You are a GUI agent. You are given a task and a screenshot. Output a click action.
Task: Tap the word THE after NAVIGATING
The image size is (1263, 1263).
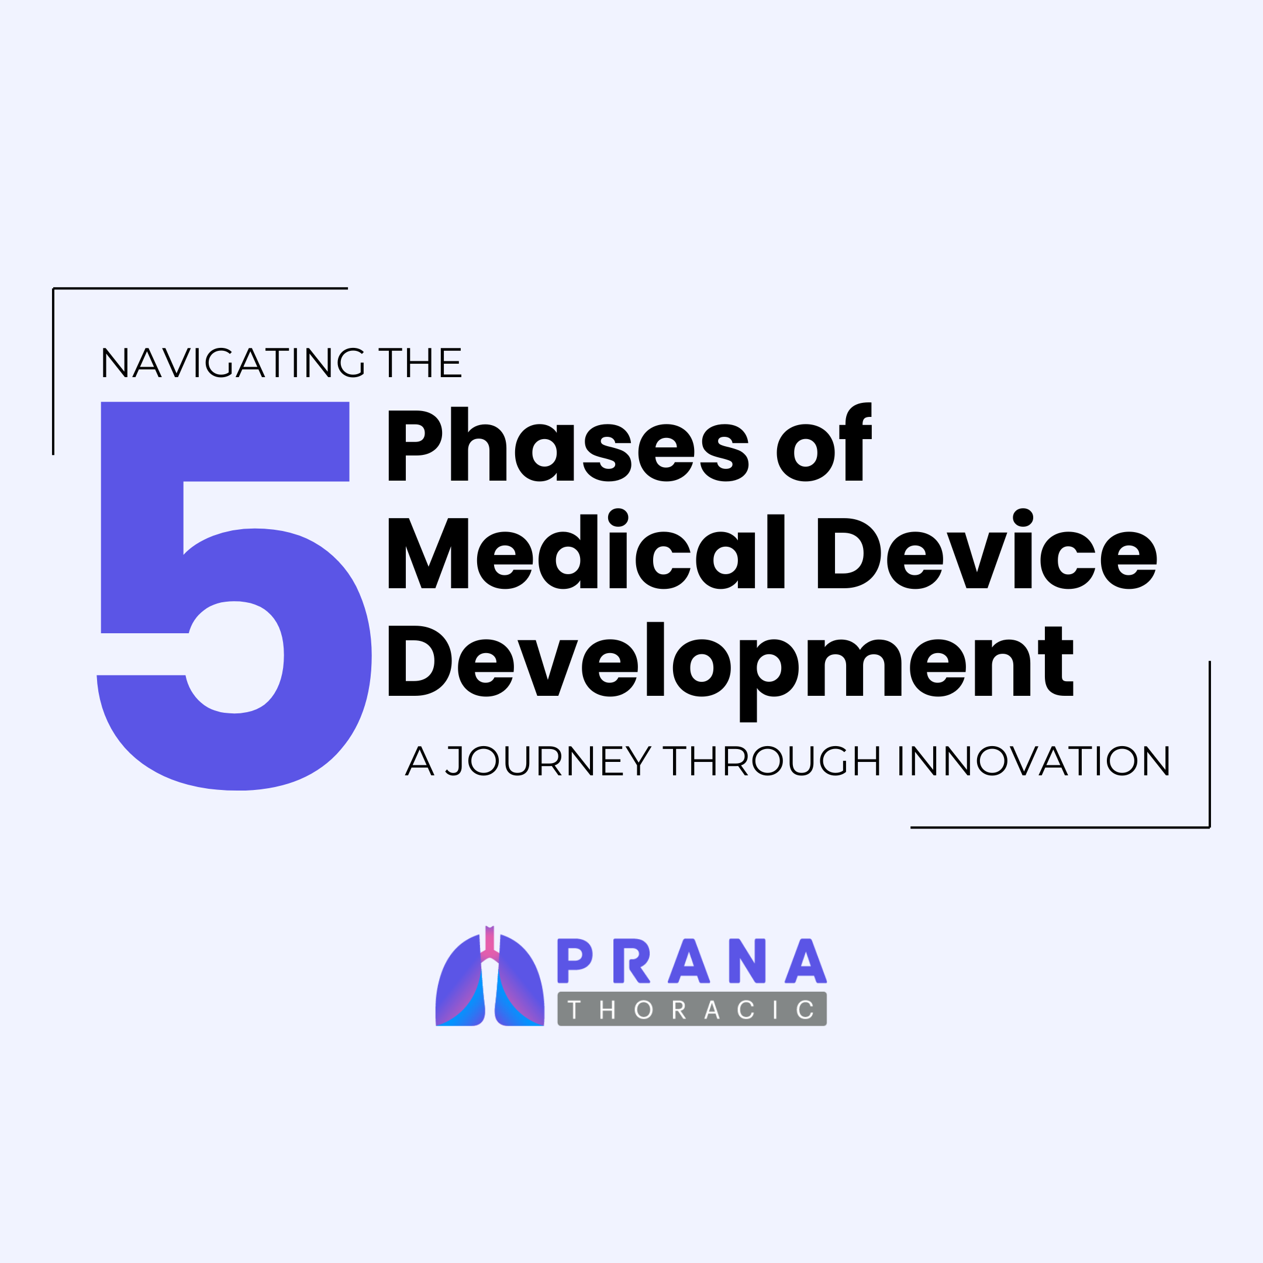click(x=420, y=363)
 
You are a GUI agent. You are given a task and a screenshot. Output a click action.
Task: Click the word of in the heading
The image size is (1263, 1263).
click(x=824, y=442)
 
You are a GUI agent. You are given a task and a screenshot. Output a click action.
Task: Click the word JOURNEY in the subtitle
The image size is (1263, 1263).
click(x=548, y=761)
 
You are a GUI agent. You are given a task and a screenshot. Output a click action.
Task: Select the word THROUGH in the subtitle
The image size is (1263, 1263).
click(x=771, y=761)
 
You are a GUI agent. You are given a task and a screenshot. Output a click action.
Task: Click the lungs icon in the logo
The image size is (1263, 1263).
click(x=489, y=976)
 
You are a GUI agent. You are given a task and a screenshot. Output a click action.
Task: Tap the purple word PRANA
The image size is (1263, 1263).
click(x=692, y=961)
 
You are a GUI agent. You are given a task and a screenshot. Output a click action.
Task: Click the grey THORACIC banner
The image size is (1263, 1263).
click(x=692, y=1009)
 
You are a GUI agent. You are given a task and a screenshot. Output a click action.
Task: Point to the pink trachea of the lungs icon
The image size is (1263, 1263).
click(x=489, y=945)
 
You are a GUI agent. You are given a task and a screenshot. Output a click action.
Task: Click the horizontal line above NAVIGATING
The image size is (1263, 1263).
click(x=200, y=288)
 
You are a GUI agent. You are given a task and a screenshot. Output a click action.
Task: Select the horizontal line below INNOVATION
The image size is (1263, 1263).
click(x=1060, y=827)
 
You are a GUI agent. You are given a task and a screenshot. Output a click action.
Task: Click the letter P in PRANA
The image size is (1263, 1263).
click(x=574, y=961)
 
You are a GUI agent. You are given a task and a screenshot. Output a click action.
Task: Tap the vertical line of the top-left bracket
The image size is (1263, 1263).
click(x=54, y=371)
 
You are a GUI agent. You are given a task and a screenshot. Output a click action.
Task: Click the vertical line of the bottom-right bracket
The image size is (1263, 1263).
click(x=1209, y=744)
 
